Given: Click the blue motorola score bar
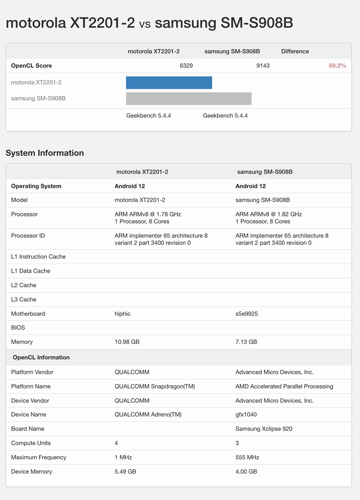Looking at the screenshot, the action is pyautogui.click(x=169, y=83).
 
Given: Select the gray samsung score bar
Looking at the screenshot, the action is pyautogui.click(x=189, y=98).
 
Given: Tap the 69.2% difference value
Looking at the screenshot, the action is pyautogui.click(x=337, y=66).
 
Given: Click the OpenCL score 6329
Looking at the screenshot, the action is pyautogui.click(x=186, y=66).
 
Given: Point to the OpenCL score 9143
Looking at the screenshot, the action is pyautogui.click(x=263, y=66).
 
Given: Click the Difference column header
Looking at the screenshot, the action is pyautogui.click(x=295, y=51).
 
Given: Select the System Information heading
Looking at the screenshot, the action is pyautogui.click(x=45, y=153).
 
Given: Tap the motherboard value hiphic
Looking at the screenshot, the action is pyautogui.click(x=122, y=314).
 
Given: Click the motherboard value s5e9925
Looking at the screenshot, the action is pyautogui.click(x=246, y=314).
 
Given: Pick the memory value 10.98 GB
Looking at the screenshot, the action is pyautogui.click(x=127, y=342).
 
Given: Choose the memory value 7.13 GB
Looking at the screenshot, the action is pyautogui.click(x=246, y=342).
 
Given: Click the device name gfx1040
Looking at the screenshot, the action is pyautogui.click(x=246, y=414).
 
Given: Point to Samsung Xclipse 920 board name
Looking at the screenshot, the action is pyautogui.click(x=264, y=429).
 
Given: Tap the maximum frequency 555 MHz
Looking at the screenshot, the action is pyautogui.click(x=247, y=457).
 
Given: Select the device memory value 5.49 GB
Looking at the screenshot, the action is pyautogui.click(x=125, y=471).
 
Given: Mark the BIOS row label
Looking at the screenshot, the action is pyautogui.click(x=18, y=327).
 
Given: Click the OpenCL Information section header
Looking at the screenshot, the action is pyautogui.click(x=41, y=357).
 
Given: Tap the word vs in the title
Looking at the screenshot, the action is pyautogui.click(x=144, y=24).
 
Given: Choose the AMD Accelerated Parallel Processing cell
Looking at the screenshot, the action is pyautogui.click(x=284, y=386).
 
